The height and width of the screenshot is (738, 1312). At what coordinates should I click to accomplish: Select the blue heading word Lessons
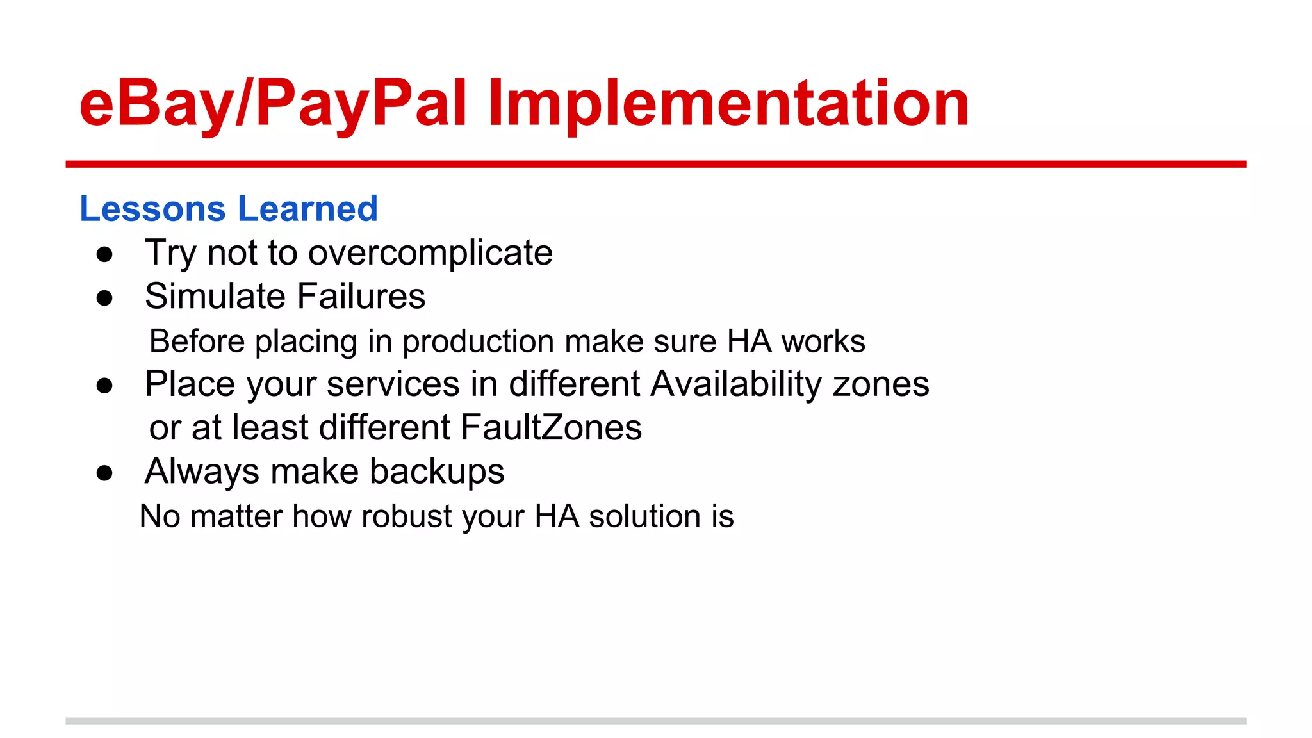152,209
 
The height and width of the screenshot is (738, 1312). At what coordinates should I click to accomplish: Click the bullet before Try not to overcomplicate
104,254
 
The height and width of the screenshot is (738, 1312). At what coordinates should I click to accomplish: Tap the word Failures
361,297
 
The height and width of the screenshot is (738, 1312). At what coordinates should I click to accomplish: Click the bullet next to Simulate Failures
104,298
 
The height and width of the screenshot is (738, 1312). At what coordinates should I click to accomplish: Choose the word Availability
736,384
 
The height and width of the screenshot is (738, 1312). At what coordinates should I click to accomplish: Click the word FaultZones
551,427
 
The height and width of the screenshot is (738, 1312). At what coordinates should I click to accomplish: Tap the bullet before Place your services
104,386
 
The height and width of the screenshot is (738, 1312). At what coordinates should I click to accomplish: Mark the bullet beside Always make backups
104,473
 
